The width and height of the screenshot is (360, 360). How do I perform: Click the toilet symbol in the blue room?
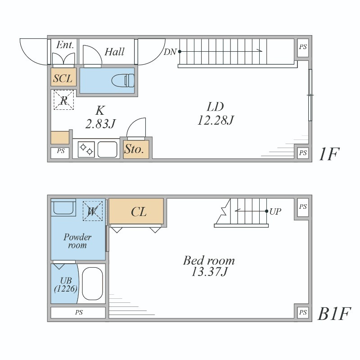(x=123, y=81)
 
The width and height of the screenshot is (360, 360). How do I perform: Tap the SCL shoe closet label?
(x=63, y=78)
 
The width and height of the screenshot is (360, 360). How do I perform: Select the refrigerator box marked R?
(x=64, y=100)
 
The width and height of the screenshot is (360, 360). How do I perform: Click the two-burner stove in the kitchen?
(x=86, y=149)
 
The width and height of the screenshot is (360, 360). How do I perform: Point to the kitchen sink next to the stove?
(x=108, y=149)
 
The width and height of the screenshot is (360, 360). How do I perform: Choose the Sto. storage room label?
(x=134, y=149)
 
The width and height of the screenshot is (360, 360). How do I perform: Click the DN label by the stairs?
(x=170, y=52)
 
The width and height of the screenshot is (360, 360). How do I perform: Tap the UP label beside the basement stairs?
(x=275, y=211)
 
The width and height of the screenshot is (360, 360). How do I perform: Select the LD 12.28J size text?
(x=216, y=113)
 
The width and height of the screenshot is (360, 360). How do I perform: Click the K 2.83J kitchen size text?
(x=100, y=117)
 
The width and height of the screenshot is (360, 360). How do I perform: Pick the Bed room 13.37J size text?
(x=209, y=266)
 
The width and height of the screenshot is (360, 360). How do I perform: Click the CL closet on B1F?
(x=136, y=211)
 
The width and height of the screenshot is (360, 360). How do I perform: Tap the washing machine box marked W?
(x=93, y=211)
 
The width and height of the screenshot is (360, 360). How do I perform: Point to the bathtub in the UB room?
(x=92, y=284)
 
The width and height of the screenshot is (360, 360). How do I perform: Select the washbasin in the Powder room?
(x=63, y=207)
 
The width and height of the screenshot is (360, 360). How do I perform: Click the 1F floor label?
(x=329, y=154)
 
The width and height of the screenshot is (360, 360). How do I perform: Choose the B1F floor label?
(x=334, y=314)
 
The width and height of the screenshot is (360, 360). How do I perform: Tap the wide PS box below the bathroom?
(x=78, y=312)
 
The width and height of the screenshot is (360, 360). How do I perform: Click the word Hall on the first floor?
(x=115, y=52)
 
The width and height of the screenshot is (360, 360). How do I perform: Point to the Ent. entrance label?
(x=65, y=45)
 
